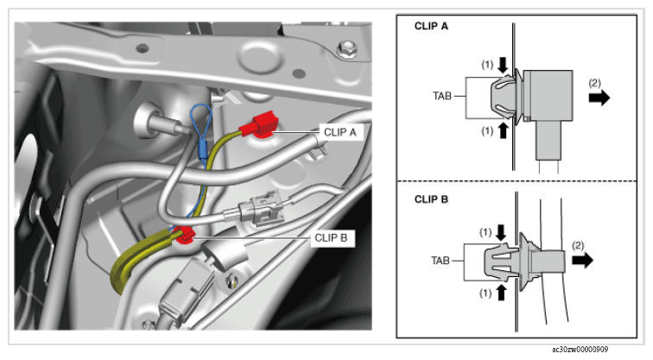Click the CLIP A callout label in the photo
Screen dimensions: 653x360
340,132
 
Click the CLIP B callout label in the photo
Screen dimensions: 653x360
331,238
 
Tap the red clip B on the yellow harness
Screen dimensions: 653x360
184,235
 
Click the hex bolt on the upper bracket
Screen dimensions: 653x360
346,49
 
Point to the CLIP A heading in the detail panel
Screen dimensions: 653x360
431,26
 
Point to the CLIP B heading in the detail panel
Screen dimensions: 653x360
431,199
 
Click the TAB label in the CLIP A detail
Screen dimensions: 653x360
442,96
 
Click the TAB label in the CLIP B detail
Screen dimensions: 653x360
441,261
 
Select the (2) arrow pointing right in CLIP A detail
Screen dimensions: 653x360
599,98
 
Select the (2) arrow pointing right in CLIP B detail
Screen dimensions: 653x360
583,261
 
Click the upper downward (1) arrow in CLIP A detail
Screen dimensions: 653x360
503,65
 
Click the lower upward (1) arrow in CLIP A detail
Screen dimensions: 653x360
503,130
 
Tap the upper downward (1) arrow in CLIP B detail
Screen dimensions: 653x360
501,233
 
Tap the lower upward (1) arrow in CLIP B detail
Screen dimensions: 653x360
501,293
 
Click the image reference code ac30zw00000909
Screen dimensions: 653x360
580,349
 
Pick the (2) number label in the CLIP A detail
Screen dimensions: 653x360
594,83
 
